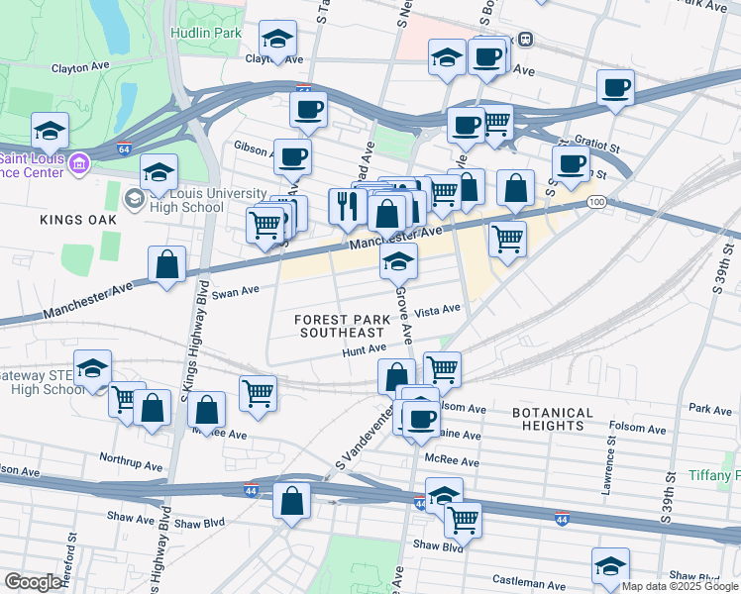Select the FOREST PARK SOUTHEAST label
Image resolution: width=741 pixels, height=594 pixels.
coord(337,326)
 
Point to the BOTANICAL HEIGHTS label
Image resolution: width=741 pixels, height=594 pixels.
coord(553,419)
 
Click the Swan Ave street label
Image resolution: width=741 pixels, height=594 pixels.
coord(235,292)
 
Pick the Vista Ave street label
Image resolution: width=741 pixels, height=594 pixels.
coord(438,310)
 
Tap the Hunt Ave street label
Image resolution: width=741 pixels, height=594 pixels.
coord(364,349)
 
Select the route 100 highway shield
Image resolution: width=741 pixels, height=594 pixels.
coord(595,202)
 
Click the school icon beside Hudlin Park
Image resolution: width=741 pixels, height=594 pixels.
coord(278,41)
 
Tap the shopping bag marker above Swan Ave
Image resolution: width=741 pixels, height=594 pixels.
coord(166,264)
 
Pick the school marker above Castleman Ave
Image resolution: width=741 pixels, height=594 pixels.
coord(610,566)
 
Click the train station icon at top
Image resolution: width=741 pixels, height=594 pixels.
coord(526,40)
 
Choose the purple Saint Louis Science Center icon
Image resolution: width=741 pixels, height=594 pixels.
coord(78,161)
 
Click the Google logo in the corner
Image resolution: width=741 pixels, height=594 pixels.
coord(33,582)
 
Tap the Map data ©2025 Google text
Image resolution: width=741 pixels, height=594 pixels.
coord(679,586)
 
